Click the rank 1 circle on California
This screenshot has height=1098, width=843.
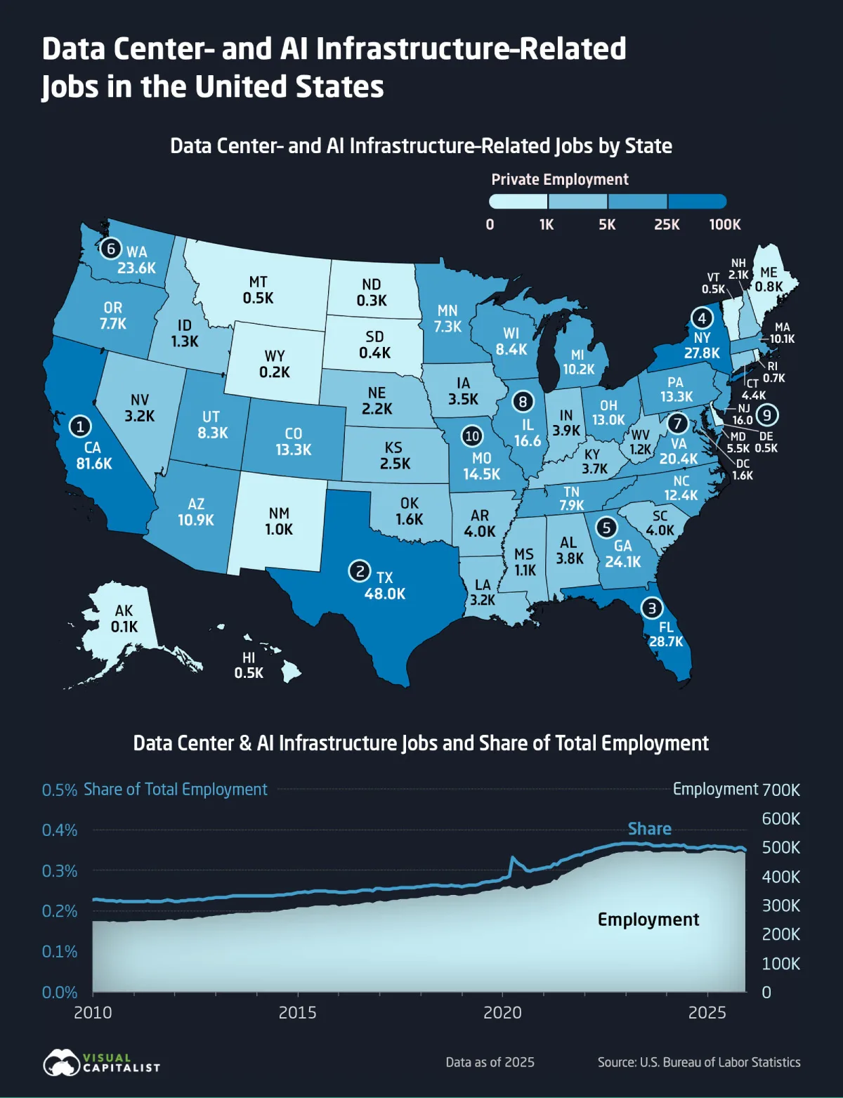point(80,426)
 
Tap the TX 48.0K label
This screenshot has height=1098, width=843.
point(385,586)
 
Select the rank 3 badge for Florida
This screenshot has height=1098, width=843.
point(652,608)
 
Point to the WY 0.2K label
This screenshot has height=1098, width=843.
point(274,364)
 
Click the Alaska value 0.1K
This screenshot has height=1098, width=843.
point(124,626)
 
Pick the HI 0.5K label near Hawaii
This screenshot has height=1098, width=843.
point(249,665)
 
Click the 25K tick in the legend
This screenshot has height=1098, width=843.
point(667,224)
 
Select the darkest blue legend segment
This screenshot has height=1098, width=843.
point(697,202)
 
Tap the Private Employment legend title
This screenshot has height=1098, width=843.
point(560,179)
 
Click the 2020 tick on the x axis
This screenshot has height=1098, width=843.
point(502,1012)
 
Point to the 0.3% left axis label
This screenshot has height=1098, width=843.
point(60,871)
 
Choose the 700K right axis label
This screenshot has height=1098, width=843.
point(781,790)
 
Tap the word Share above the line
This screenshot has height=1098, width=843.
point(649,829)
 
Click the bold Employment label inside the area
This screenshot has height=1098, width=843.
point(648,920)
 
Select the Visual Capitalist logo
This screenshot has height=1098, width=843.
point(102,1062)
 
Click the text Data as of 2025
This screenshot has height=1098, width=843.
point(490,1062)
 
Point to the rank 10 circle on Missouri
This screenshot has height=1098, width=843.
point(472,436)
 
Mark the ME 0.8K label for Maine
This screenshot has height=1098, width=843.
point(769,280)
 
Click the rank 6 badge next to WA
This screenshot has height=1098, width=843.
point(111,249)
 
